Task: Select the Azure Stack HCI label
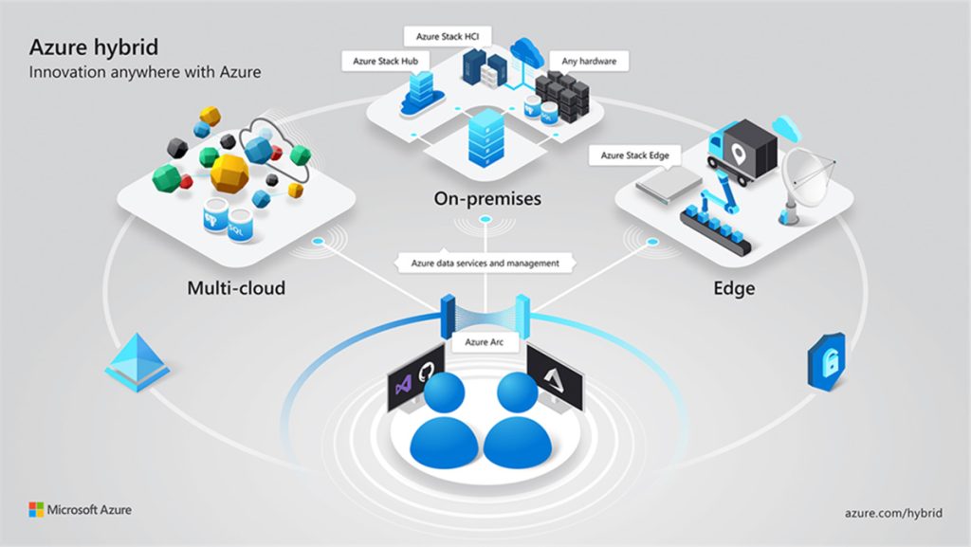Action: coord(449,37)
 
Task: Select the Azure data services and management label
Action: coord(485,263)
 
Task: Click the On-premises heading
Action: coord(486,199)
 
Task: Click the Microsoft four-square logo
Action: coord(36,510)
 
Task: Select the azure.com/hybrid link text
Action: coord(892,512)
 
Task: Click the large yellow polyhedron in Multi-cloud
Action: coord(229,173)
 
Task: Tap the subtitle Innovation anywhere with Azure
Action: coord(144,72)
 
